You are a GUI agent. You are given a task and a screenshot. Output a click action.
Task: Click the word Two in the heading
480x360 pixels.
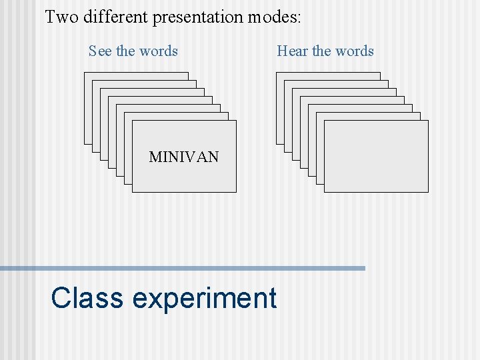(x=61, y=17)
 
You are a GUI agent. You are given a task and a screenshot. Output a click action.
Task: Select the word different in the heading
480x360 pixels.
(x=115, y=17)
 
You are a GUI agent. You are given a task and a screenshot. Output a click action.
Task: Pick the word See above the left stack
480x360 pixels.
(x=101, y=51)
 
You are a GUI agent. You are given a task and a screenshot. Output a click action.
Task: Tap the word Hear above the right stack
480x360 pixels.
(x=293, y=51)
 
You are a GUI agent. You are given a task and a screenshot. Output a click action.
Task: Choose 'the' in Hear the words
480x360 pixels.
(x=321, y=51)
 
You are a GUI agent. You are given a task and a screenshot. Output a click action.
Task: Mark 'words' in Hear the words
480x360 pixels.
(x=354, y=51)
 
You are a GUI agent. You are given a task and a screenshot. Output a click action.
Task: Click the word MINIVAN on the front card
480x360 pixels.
(x=184, y=157)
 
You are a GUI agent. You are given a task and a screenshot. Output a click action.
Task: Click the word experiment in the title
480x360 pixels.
(x=205, y=299)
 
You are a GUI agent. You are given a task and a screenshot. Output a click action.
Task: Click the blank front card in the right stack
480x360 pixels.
(x=376, y=157)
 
